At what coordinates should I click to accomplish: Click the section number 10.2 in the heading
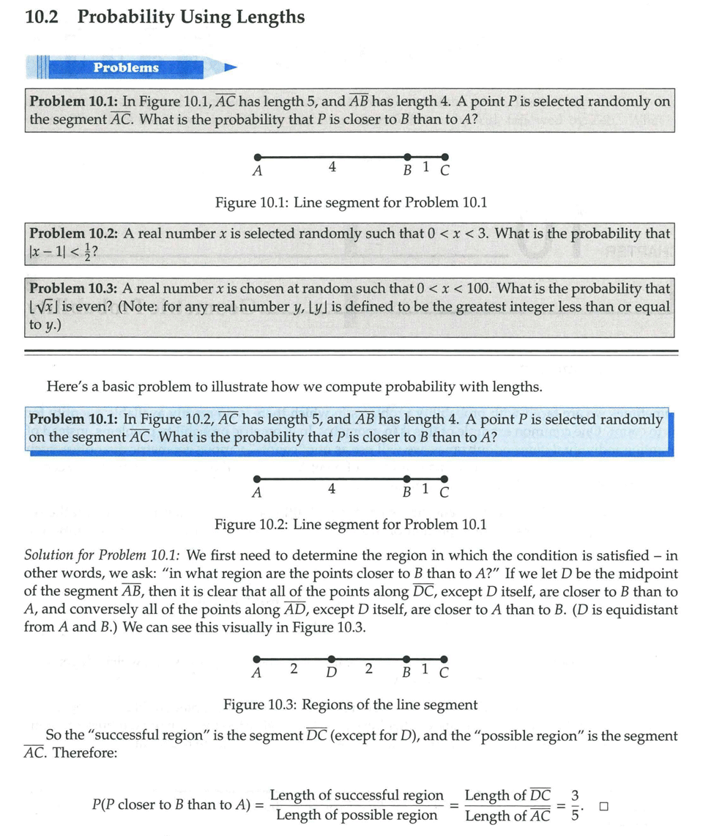(41, 17)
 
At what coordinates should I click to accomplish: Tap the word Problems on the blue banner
(126, 67)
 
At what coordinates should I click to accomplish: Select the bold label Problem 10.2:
(74, 234)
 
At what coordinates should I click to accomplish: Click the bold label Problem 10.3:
(74, 289)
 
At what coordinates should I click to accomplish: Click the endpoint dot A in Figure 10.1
(256, 157)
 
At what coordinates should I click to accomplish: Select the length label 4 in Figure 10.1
(332, 167)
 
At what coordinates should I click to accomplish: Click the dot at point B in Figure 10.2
(407, 479)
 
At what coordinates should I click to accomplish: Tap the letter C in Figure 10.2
(444, 492)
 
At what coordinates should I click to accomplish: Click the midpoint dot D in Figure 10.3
(332, 659)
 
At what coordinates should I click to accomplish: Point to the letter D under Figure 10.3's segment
(331, 672)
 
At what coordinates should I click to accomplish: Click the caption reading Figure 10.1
(251, 201)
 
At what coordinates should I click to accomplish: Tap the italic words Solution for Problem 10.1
(103, 555)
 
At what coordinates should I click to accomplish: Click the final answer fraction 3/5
(576, 804)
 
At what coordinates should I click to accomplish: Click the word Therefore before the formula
(84, 752)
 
